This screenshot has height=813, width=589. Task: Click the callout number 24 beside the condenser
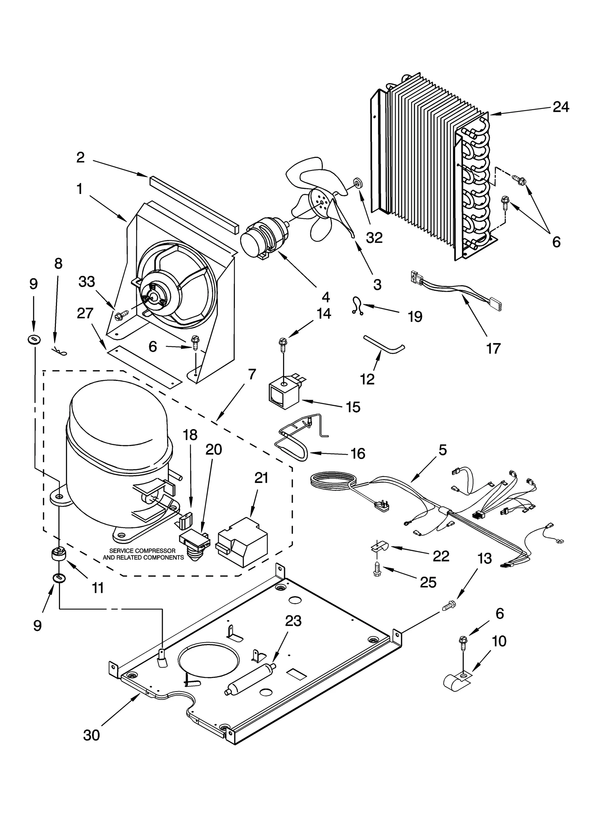561,107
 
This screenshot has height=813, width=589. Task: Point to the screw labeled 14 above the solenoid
283,344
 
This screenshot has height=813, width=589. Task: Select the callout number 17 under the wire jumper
493,348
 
